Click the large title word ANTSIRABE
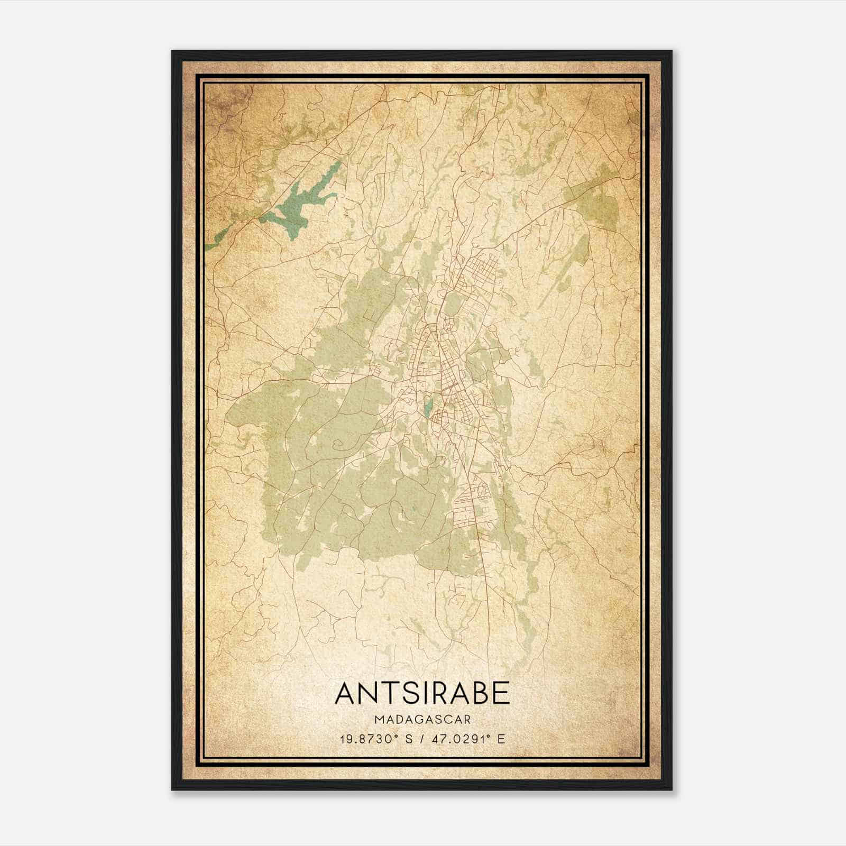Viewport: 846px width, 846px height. (422, 693)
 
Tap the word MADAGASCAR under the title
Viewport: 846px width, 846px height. (422, 720)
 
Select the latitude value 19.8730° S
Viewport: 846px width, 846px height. (373, 739)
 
